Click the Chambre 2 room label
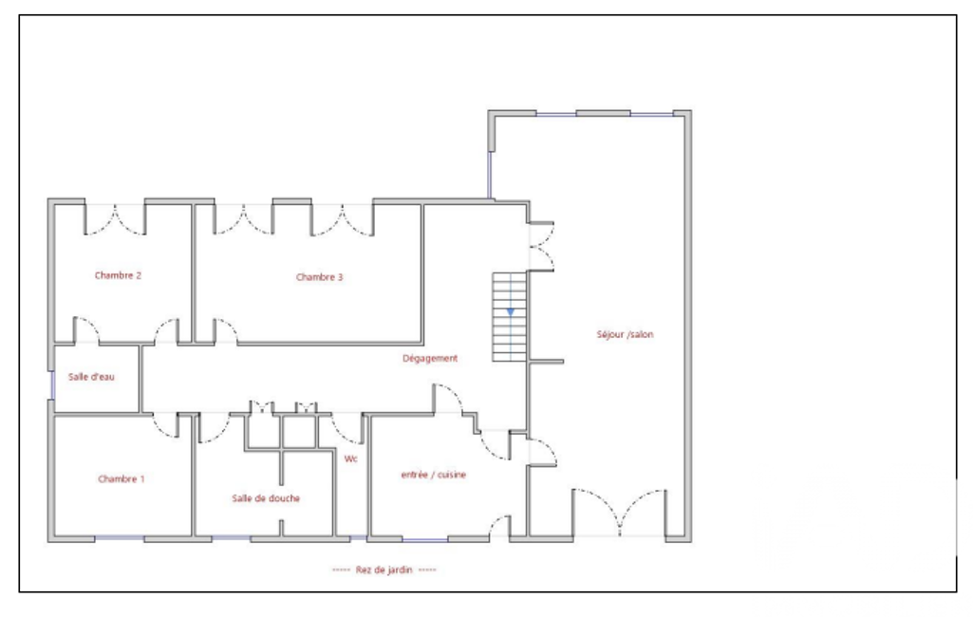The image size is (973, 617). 118,275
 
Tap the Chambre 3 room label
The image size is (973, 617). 319,277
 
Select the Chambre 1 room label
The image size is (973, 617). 121,478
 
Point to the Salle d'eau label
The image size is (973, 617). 91,376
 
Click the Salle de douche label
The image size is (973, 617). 266,497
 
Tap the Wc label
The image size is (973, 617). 350,458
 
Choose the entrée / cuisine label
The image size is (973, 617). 433,475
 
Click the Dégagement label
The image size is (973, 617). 430,358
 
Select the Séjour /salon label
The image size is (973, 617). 625,334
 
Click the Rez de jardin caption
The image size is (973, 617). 384,570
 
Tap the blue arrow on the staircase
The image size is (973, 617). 510,311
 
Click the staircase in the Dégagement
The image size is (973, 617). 510,317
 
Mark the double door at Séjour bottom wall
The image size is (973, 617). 619,513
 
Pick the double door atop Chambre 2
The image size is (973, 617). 115,219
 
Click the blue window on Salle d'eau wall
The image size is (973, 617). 52,385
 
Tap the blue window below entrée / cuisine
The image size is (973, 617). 424,540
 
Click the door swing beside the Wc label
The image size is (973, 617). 346,428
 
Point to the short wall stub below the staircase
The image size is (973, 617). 546,362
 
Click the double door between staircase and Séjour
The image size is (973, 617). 542,247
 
